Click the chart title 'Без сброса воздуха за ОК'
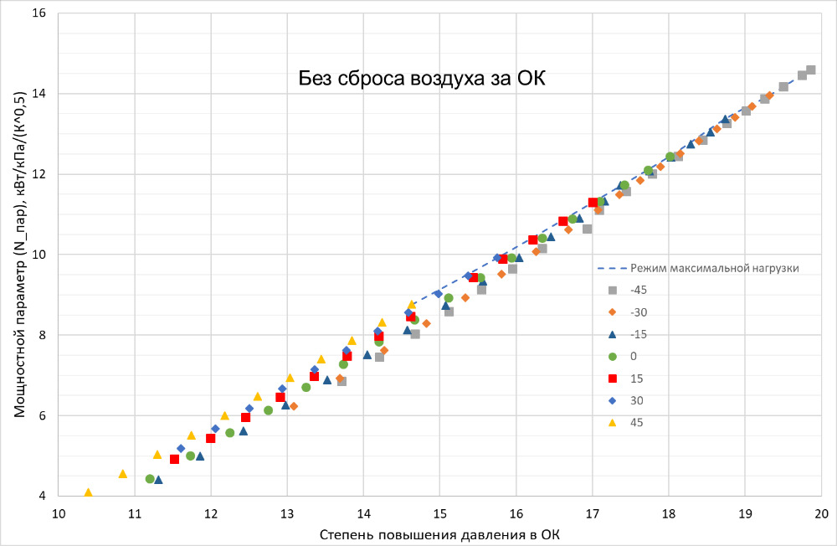click(422, 80)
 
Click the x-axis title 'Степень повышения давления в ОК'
click(439, 533)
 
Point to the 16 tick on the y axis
click(39, 13)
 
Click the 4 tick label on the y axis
click(43, 496)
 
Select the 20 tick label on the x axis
click(821, 513)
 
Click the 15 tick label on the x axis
click(439, 513)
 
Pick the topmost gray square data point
click(811, 70)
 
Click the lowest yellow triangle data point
click(88, 493)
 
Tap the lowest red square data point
click(174, 459)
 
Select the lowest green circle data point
click(150, 479)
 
